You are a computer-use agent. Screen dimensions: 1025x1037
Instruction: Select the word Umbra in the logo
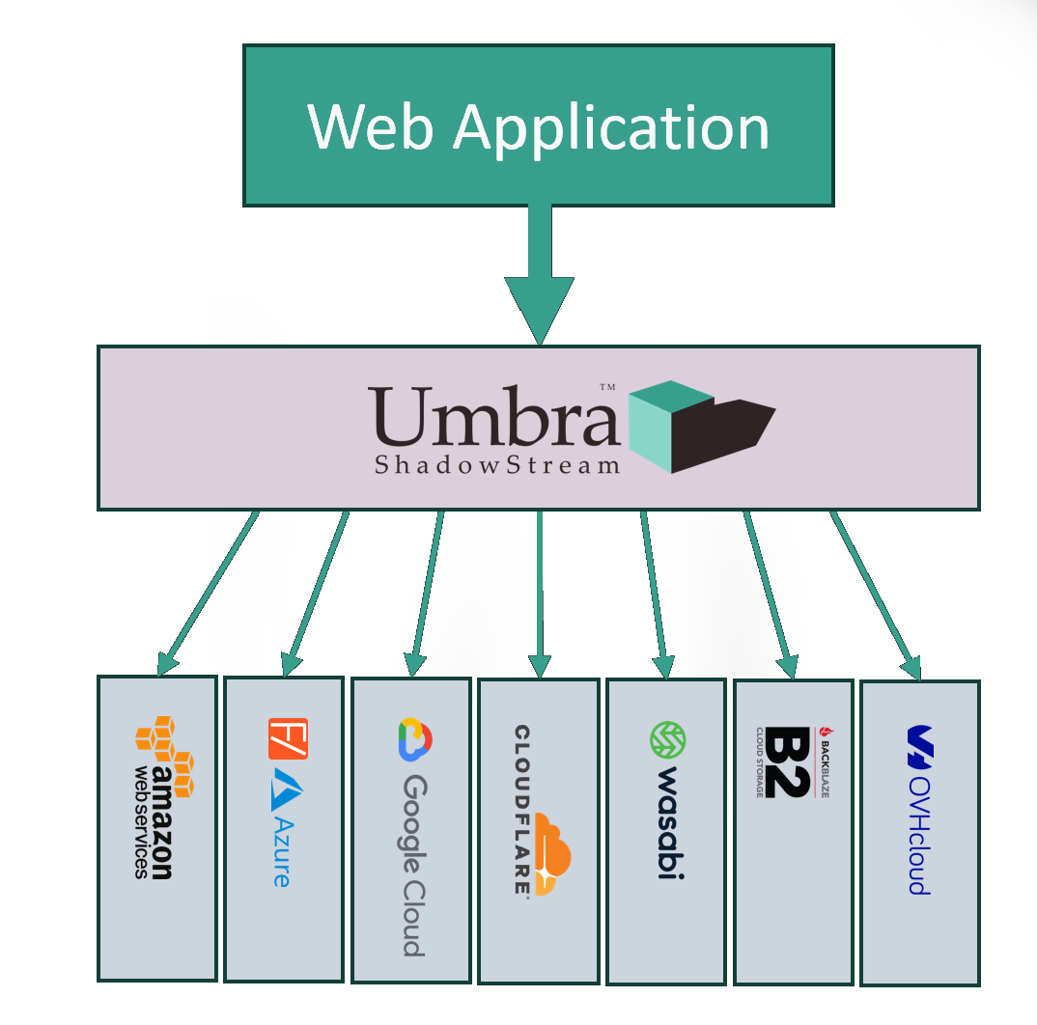click(492, 417)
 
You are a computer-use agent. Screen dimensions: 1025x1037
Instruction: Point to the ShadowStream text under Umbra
click(497, 465)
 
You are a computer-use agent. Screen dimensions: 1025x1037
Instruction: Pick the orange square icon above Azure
click(288, 739)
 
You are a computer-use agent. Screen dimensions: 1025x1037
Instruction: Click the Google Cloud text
click(413, 865)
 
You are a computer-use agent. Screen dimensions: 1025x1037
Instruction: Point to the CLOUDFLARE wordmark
click(521, 811)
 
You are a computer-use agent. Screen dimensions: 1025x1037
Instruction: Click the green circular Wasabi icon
click(667, 740)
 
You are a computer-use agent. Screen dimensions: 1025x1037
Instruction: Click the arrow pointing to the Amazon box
click(207, 594)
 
